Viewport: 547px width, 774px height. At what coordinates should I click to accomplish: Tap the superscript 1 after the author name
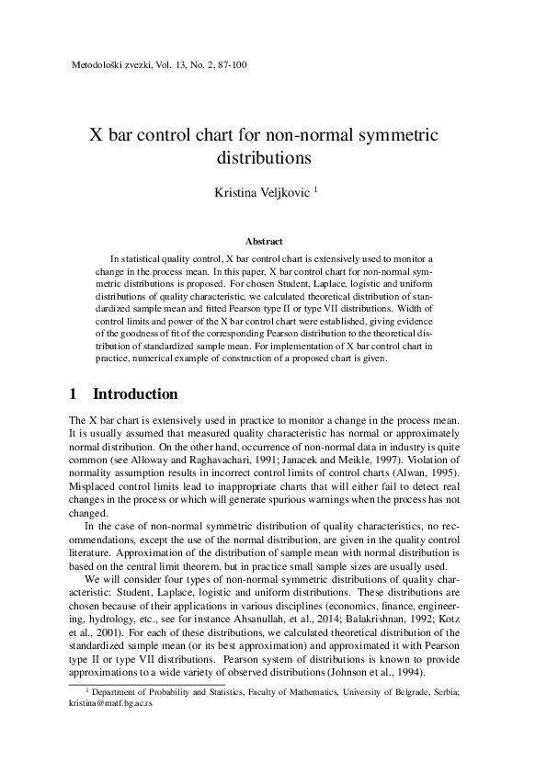tap(315, 189)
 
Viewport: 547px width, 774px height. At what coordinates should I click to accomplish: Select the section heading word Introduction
tap(135, 394)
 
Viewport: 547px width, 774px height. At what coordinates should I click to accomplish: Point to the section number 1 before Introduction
tap(74, 394)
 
